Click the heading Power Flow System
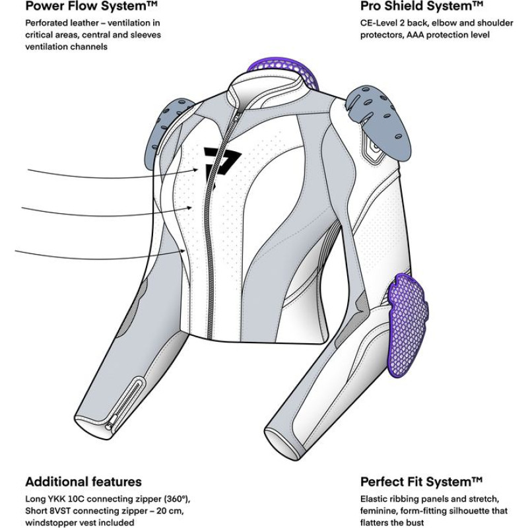click(91, 6)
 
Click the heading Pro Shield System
click(422, 6)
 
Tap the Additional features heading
click(84, 482)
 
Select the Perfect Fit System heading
click(421, 482)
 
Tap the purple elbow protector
click(407, 325)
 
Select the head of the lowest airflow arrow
click(183, 251)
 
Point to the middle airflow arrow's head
click(189, 208)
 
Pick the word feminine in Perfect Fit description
click(378, 511)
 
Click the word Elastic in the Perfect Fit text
click(374, 499)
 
